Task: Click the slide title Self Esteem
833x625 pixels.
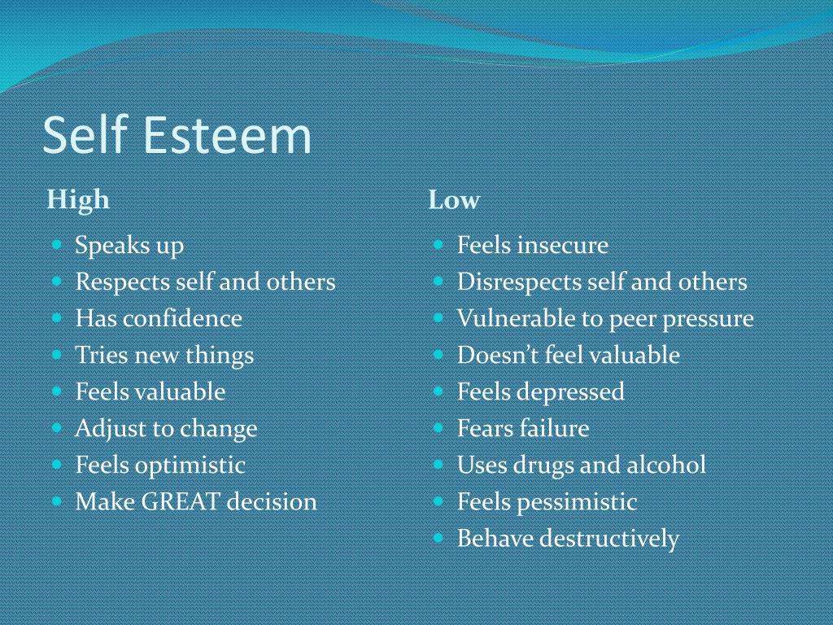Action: coord(177,135)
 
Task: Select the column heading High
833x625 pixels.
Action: coord(78,200)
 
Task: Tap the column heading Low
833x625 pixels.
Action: coord(454,200)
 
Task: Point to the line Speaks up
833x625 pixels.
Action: coord(129,246)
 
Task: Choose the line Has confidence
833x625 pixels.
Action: coord(159,318)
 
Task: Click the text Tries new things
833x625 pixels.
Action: coord(164,355)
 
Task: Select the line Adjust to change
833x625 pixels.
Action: coord(166,429)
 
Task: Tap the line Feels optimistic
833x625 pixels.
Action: coord(160,465)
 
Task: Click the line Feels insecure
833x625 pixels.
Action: coord(532,246)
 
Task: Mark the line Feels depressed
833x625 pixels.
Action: coord(540,391)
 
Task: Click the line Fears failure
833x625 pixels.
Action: coord(522,429)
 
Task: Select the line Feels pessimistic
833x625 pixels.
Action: coord(547,502)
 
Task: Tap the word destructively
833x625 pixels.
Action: coord(609,539)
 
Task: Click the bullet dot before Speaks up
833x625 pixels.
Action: coord(57,244)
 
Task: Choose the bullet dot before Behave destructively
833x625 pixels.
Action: coord(438,537)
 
